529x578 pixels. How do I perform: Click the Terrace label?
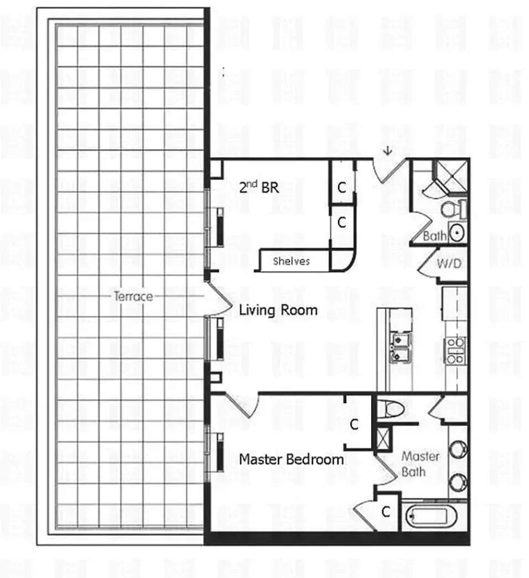pyautogui.click(x=133, y=296)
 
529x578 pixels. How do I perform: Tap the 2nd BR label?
pyautogui.click(x=258, y=188)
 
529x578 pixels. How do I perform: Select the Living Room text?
pyautogui.click(x=278, y=309)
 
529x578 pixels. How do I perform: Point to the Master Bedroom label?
pyautogui.click(x=291, y=459)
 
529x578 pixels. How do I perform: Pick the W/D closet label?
pyautogui.click(x=448, y=264)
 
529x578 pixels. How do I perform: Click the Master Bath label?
pyautogui.click(x=421, y=464)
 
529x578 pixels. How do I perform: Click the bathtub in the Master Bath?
pyautogui.click(x=427, y=517)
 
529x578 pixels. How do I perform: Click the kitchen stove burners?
pyautogui.click(x=456, y=350)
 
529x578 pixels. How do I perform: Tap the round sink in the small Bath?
pyautogui.click(x=457, y=232)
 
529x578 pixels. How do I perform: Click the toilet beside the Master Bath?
pyautogui.click(x=393, y=409)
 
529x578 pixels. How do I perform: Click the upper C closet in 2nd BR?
pyautogui.click(x=342, y=187)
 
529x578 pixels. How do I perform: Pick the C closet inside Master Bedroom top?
pyautogui.click(x=355, y=425)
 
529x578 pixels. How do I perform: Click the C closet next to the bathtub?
pyautogui.click(x=386, y=512)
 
